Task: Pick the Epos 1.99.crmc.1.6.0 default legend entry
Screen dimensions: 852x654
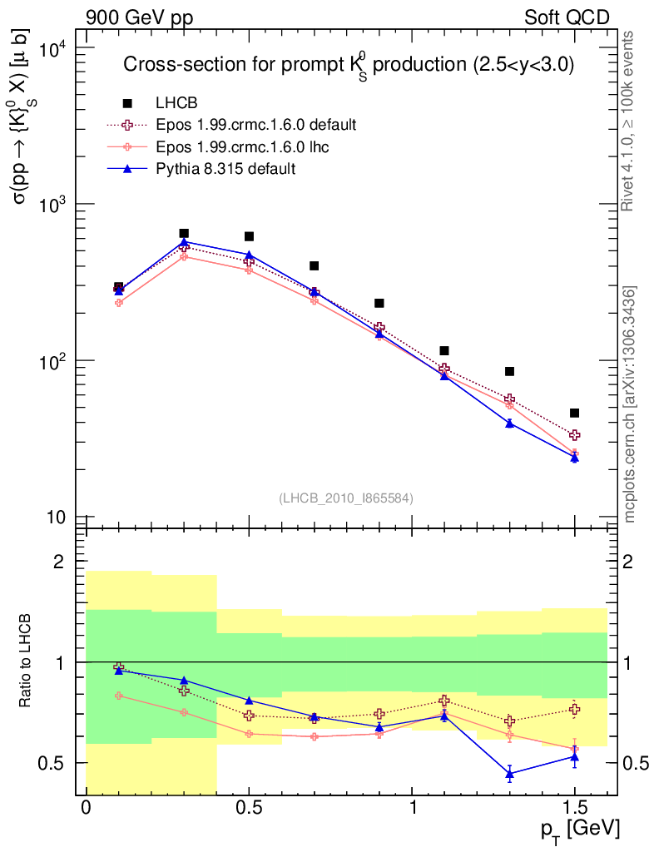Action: (256, 125)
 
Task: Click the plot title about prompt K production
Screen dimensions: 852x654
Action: (349, 66)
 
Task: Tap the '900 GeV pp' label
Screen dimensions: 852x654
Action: (134, 17)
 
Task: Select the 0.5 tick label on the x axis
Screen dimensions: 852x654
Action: (247, 808)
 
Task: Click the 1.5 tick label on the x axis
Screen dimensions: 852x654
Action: (574, 808)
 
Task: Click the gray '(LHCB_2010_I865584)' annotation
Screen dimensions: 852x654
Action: (346, 498)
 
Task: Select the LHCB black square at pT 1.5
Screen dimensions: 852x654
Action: (574, 413)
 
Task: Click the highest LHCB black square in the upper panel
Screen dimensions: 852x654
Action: (184, 233)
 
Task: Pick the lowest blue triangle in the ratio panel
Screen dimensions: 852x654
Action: (510, 774)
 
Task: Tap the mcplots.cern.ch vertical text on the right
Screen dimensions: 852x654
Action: (631, 404)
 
